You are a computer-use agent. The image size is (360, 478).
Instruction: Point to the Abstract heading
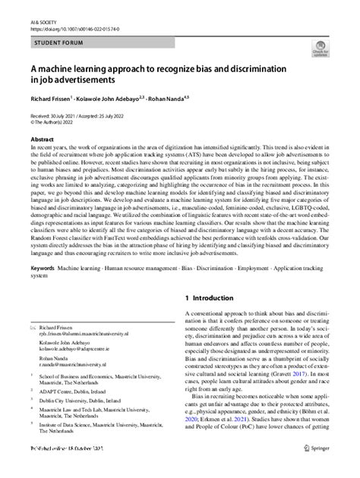pos(42,140)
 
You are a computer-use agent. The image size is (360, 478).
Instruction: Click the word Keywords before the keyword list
pos(43,269)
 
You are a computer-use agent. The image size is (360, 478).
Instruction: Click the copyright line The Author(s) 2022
pos(53,121)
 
